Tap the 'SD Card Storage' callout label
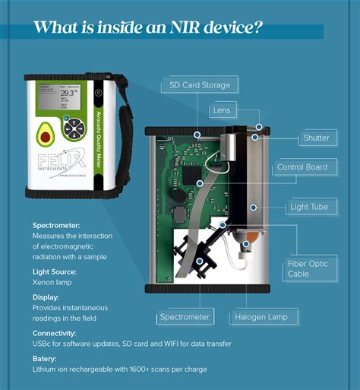point(200,84)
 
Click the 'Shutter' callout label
point(316,138)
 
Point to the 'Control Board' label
point(302,166)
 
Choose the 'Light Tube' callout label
point(309,206)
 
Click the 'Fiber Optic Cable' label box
point(308,268)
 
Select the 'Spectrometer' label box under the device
point(184,315)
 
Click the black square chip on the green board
point(190,175)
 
